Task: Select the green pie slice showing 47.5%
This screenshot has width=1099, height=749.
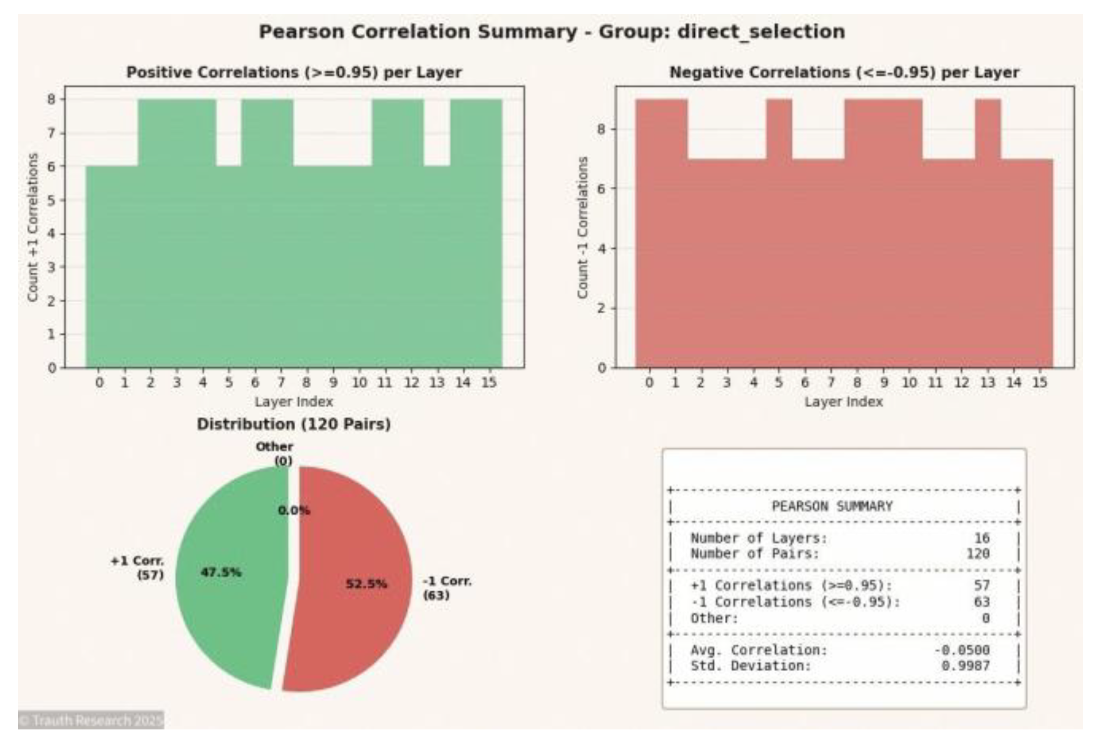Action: click(228, 593)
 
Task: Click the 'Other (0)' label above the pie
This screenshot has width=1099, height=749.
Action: click(275, 454)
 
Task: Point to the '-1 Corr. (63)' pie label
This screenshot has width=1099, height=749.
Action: click(447, 588)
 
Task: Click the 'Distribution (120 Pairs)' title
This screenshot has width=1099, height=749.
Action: click(294, 425)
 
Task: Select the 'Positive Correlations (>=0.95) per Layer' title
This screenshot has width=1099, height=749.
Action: click(294, 73)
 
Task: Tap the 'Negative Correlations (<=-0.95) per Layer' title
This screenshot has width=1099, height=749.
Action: click(844, 73)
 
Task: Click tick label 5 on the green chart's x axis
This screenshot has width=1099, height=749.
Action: click(229, 382)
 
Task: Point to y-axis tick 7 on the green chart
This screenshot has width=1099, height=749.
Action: click(52, 133)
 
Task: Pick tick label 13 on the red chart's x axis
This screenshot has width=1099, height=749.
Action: click(987, 382)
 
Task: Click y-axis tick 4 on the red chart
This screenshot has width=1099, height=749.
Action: click(602, 248)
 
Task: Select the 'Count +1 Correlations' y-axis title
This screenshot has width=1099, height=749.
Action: click(33, 228)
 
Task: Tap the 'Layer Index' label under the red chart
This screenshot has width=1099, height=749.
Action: click(843, 402)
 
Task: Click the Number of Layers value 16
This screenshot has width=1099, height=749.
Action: click(982, 538)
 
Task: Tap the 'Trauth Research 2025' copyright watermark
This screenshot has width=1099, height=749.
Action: click(91, 720)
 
